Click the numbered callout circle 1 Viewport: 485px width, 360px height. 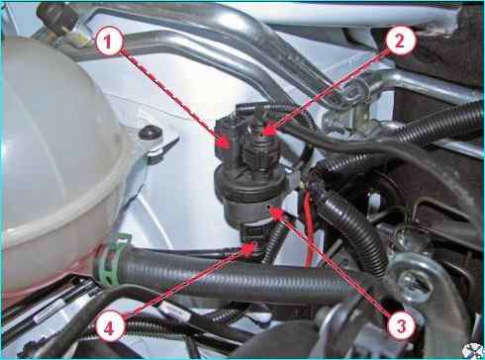coord(108,43)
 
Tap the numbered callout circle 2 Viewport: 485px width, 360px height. coord(399,42)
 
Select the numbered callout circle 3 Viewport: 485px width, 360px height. coord(401,326)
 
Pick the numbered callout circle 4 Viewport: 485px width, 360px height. coord(110,328)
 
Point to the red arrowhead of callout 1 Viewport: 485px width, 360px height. coord(224,144)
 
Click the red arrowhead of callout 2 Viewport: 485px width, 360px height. coord(269,132)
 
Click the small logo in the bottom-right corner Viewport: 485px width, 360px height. coord(473,350)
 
